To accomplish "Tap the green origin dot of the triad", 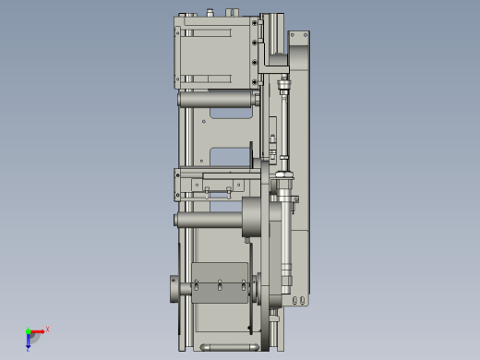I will (29, 331).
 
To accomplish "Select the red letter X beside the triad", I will (47, 329).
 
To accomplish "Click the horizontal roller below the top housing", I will (217, 98).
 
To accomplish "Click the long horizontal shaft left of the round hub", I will (207, 220).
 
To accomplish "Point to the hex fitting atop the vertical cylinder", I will (283, 90).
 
